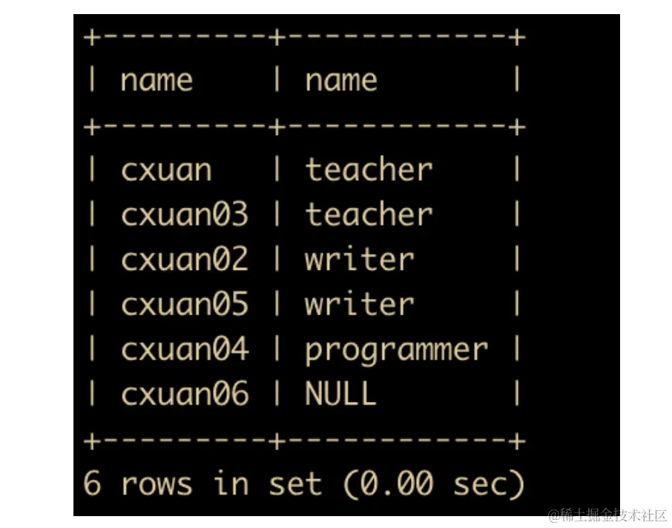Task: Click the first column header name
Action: (x=157, y=80)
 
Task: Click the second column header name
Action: (x=341, y=80)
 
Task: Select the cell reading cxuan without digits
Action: (x=166, y=170)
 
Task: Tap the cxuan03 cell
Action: (x=184, y=215)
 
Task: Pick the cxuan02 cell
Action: (x=184, y=260)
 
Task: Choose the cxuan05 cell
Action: (x=184, y=304)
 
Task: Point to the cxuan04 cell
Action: (x=184, y=349)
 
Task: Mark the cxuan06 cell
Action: (x=184, y=393)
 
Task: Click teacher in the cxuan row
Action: (x=369, y=170)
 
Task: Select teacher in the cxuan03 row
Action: (x=369, y=215)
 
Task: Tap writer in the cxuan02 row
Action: (x=359, y=260)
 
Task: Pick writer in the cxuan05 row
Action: (x=359, y=304)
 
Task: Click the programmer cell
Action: (x=396, y=350)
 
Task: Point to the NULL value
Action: (x=340, y=393)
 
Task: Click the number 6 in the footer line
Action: (x=92, y=484)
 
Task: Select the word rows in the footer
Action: (x=157, y=484)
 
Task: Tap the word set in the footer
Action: (x=294, y=484)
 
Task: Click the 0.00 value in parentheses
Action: (x=396, y=484)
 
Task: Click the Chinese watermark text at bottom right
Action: (x=608, y=515)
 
